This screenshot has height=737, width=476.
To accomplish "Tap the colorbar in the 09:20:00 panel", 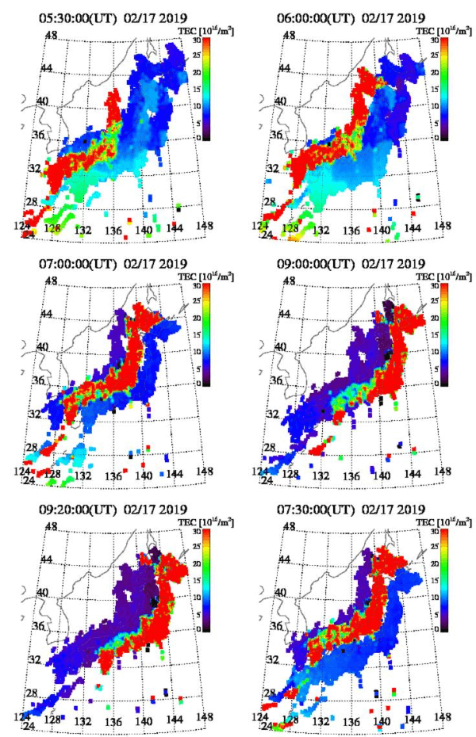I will [204, 580].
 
